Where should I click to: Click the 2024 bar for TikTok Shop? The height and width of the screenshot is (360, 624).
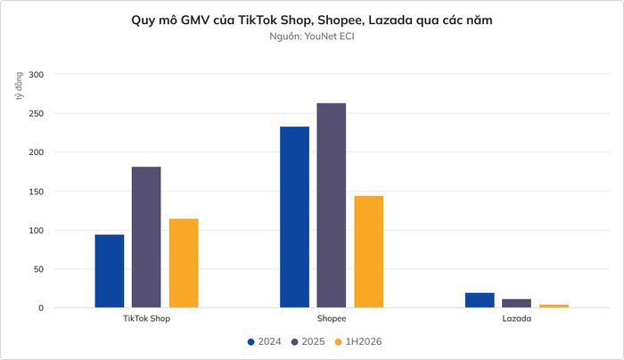110,271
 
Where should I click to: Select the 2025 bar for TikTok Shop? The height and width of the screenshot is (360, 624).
146,237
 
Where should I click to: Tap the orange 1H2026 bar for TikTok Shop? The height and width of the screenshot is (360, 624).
184,263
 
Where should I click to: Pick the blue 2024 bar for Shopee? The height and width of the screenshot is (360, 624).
294,217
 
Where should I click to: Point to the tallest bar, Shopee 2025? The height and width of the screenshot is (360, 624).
332,205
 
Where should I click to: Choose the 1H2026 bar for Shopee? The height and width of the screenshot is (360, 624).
369,252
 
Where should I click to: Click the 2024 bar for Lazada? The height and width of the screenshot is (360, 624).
480,300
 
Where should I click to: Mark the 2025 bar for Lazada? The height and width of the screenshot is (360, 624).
516,303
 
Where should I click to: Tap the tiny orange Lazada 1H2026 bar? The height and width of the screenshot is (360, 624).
554,306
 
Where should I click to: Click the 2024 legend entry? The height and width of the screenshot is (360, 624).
264,341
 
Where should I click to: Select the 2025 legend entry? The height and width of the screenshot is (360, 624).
308,341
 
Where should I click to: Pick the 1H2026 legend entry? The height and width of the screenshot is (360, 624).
358,341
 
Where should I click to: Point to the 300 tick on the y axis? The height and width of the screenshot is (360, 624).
37,74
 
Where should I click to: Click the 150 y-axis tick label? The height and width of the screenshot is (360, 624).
37,192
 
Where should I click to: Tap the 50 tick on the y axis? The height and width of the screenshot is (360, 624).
38,269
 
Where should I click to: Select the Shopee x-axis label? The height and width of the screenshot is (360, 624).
332,319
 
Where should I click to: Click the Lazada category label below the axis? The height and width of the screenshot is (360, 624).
516,319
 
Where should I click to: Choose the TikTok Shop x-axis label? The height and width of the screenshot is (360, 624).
146,319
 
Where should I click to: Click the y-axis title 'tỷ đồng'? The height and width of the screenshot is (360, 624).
19,86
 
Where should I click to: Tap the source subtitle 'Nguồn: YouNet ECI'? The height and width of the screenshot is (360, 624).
312,37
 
